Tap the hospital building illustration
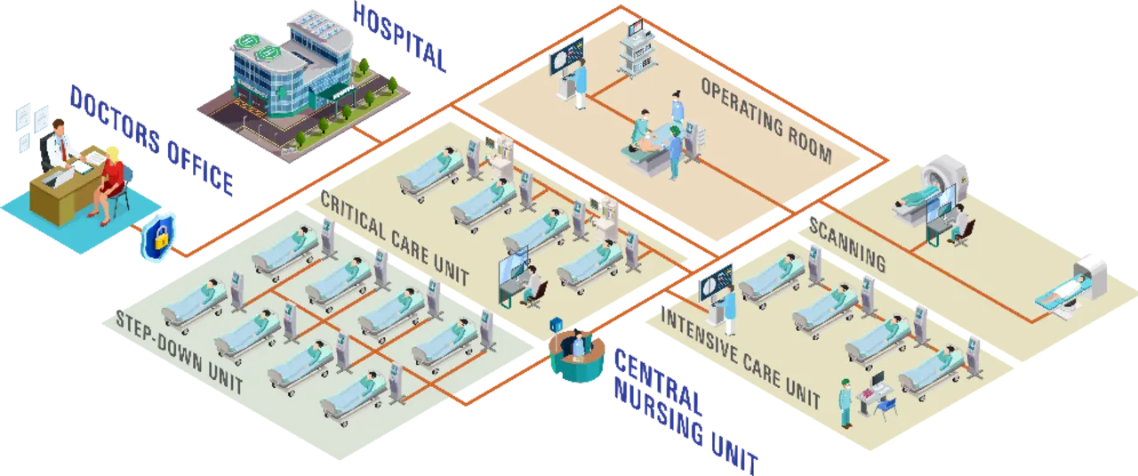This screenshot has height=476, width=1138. [x=284, y=85]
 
